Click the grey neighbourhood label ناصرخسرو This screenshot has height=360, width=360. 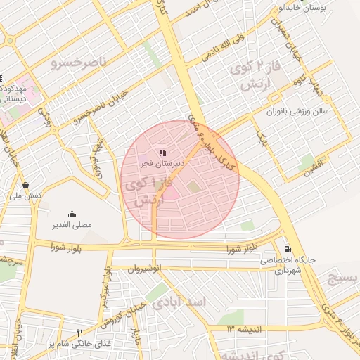(x=79, y=63)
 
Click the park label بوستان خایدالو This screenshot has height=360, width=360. (x=304, y=8)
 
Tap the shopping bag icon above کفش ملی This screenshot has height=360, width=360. (x=26, y=186)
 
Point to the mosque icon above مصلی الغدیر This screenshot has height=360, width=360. (x=72, y=214)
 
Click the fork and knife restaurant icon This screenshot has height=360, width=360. (x=79, y=333)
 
